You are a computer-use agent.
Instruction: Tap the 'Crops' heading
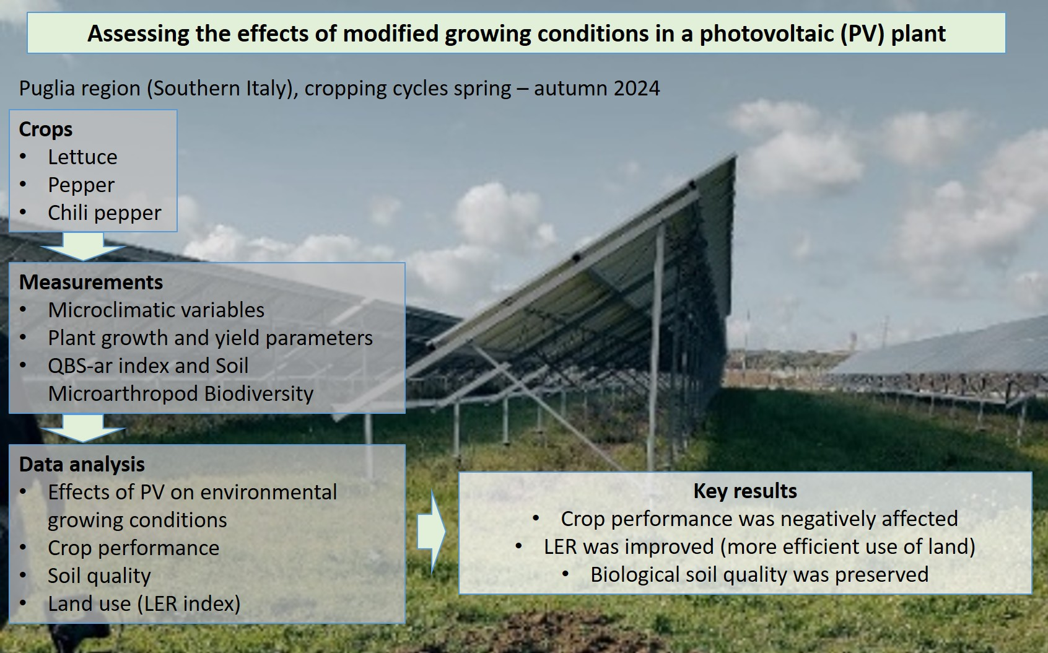pyautogui.click(x=46, y=129)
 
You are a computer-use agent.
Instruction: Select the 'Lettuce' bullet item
pyautogui.click(x=82, y=157)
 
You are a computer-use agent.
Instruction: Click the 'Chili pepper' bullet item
pyautogui.click(x=104, y=213)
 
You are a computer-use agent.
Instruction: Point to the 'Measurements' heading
pyautogui.click(x=91, y=283)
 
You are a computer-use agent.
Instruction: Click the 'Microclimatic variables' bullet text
pyautogui.click(x=156, y=310)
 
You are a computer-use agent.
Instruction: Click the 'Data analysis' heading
pyautogui.click(x=82, y=465)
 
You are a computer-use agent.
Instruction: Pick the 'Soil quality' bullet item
pyautogui.click(x=99, y=576)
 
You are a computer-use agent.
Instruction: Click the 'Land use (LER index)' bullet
pyautogui.click(x=144, y=604)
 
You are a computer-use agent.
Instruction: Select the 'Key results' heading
pyautogui.click(x=745, y=491)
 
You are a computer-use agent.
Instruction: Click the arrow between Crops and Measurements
pyautogui.click(x=83, y=247)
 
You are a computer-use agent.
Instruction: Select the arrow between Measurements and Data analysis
pyautogui.click(x=83, y=428)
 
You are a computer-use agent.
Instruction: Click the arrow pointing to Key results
pyautogui.click(x=431, y=532)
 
